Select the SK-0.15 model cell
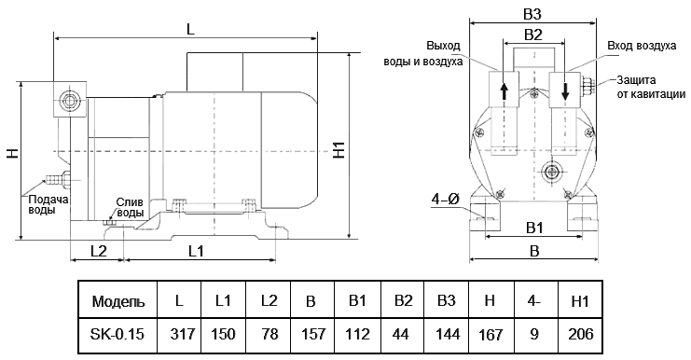point(117,333)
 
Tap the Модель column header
point(117,302)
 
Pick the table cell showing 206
point(580,333)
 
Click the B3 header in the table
point(446,302)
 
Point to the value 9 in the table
point(535,333)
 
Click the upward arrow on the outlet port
point(504,91)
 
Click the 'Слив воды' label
point(130,207)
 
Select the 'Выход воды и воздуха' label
point(423,54)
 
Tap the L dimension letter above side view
point(190,29)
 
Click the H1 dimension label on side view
point(339,149)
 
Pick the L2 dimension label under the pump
point(98,250)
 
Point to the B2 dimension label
point(533,35)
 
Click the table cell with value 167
point(491,333)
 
